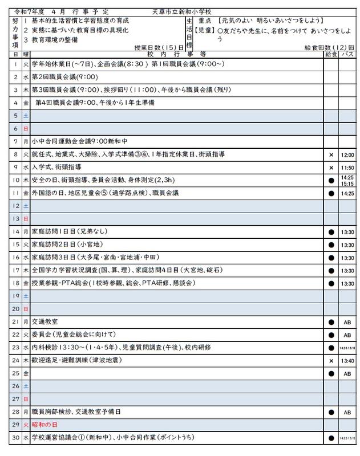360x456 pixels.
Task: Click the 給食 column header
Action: (330, 54)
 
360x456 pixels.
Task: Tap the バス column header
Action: (347, 54)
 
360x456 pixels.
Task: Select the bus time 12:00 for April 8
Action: (347, 154)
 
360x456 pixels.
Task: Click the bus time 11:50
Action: (347, 168)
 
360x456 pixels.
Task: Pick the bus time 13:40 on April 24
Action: (347, 361)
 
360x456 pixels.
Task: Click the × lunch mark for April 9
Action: (330, 168)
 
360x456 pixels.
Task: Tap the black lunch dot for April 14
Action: (330, 232)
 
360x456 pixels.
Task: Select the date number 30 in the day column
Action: (17, 438)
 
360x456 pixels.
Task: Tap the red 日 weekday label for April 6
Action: (26, 129)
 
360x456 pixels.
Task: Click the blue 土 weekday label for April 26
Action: (26, 386)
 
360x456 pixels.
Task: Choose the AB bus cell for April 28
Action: (347, 412)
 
